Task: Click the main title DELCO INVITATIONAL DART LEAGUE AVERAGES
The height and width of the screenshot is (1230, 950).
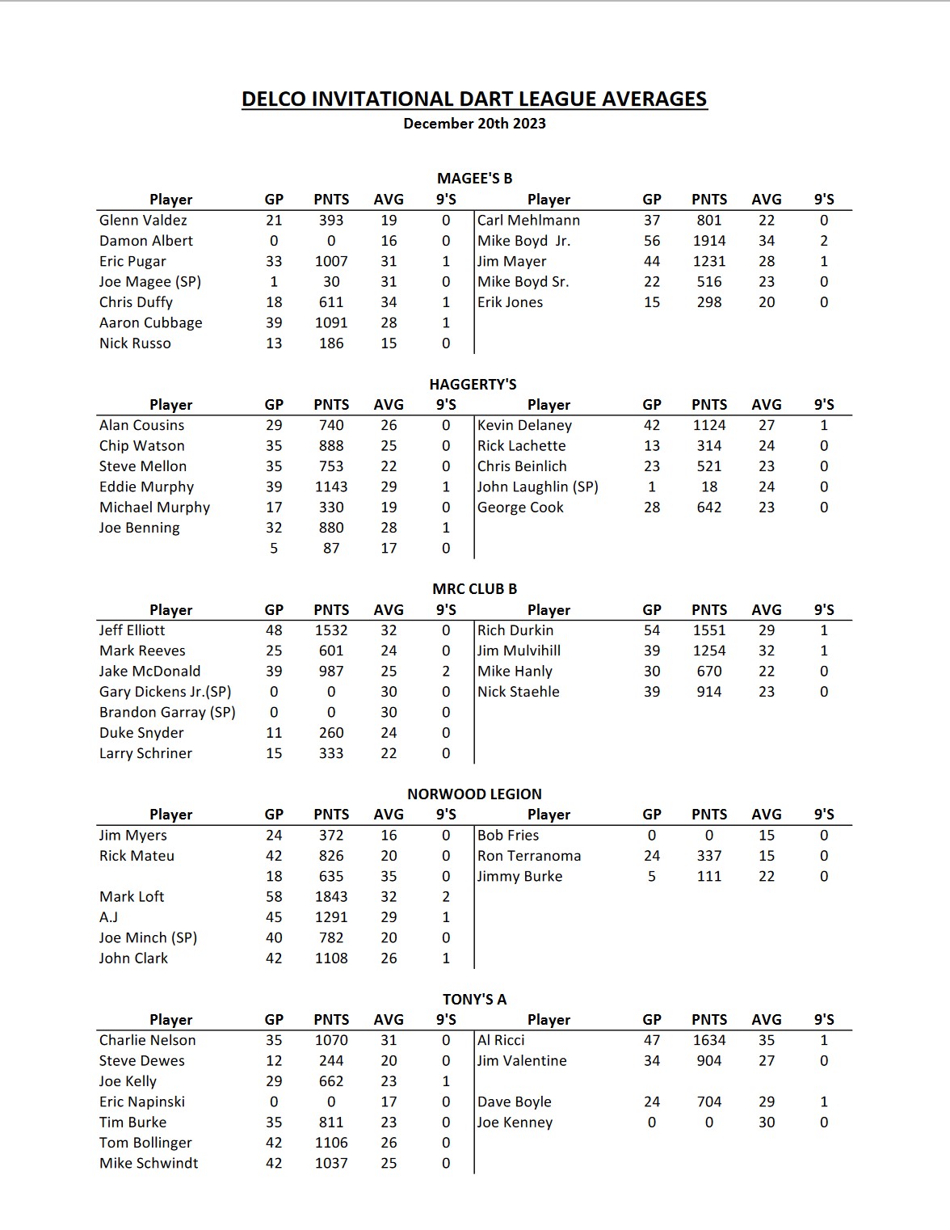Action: (x=474, y=99)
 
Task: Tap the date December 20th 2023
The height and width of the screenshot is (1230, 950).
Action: (x=474, y=124)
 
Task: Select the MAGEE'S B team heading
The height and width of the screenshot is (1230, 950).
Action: (x=474, y=179)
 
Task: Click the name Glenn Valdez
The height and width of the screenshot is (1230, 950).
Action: (x=143, y=220)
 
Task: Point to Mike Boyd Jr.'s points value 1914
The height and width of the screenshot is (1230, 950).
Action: (x=709, y=241)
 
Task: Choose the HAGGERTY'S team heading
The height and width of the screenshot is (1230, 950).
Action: (x=473, y=384)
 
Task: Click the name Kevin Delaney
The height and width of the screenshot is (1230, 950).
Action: (x=524, y=425)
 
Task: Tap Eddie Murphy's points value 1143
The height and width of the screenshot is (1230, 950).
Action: (x=331, y=487)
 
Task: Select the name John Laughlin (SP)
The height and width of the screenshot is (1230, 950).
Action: (x=537, y=487)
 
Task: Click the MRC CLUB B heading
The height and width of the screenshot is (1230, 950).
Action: (x=474, y=589)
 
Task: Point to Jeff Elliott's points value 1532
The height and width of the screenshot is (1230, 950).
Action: (x=331, y=630)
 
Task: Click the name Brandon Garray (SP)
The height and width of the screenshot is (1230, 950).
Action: (x=167, y=712)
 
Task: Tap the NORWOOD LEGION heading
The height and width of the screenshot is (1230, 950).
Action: (x=474, y=794)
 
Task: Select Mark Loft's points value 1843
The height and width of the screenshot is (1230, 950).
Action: (x=331, y=897)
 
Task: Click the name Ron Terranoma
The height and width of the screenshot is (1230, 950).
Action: (x=529, y=856)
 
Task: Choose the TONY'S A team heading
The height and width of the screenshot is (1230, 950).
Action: (x=474, y=999)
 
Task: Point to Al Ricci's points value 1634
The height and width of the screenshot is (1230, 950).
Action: (x=709, y=1040)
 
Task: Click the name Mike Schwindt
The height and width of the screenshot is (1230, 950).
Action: (x=149, y=1163)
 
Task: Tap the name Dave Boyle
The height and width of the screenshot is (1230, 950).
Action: (x=515, y=1102)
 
